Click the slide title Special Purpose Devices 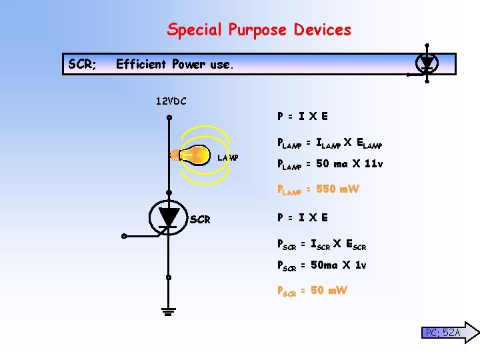pos(259,30)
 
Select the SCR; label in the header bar pos(83,64)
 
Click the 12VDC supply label pos(171,102)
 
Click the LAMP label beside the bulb pos(229,157)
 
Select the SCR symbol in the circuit pos(169,217)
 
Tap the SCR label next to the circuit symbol pos(201,219)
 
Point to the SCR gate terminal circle pos(123,236)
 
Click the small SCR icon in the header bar pos(427,63)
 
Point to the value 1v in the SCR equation pos(360,265)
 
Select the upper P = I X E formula pos(302,116)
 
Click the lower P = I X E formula pos(302,217)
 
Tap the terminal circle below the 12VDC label pos(169,119)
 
